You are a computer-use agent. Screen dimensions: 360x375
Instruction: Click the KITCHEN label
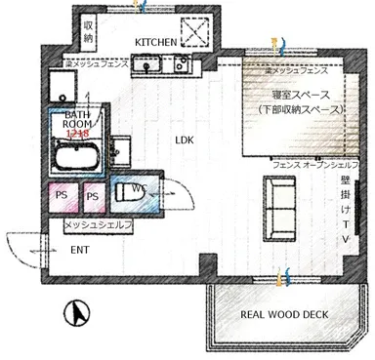point(155,42)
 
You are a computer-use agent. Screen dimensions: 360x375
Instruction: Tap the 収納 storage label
point(89,30)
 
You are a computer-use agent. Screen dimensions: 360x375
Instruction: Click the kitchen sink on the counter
point(152,66)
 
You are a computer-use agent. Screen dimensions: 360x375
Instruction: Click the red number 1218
point(78,133)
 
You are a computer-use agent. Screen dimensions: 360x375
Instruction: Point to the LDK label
point(185,140)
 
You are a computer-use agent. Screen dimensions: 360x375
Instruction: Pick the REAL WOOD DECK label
point(284,314)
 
